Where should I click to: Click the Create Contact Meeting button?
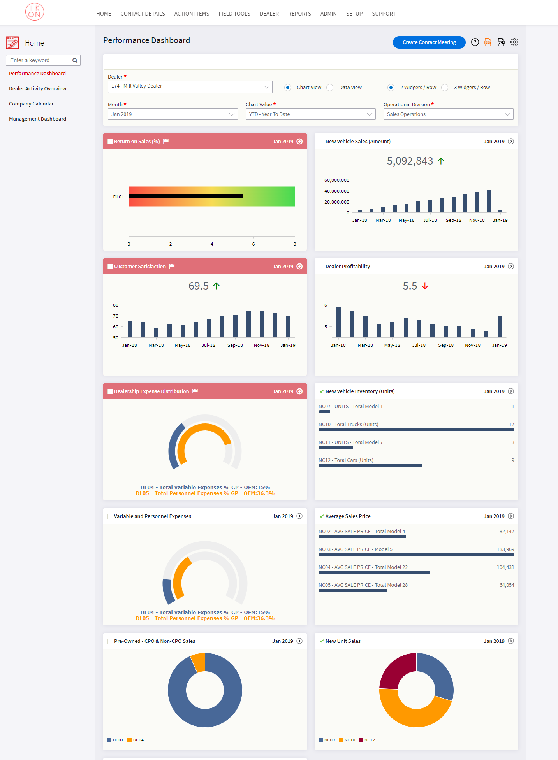click(429, 42)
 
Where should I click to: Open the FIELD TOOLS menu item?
click(234, 14)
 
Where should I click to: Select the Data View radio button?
click(330, 88)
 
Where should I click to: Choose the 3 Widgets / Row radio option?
click(445, 88)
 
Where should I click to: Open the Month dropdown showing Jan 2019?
click(173, 114)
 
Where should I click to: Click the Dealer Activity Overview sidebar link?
click(38, 88)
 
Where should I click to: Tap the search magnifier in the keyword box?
click(75, 60)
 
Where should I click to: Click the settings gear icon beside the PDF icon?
click(514, 42)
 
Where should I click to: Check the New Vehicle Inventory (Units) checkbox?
click(321, 391)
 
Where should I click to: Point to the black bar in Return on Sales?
click(186, 197)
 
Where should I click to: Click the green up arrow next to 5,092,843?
click(441, 161)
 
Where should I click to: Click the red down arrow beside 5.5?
click(425, 286)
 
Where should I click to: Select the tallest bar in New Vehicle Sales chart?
click(488, 201)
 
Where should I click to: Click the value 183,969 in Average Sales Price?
click(505, 549)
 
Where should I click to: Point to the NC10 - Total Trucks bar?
click(416, 430)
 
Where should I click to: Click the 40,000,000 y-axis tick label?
click(336, 191)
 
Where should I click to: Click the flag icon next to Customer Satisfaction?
click(172, 266)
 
